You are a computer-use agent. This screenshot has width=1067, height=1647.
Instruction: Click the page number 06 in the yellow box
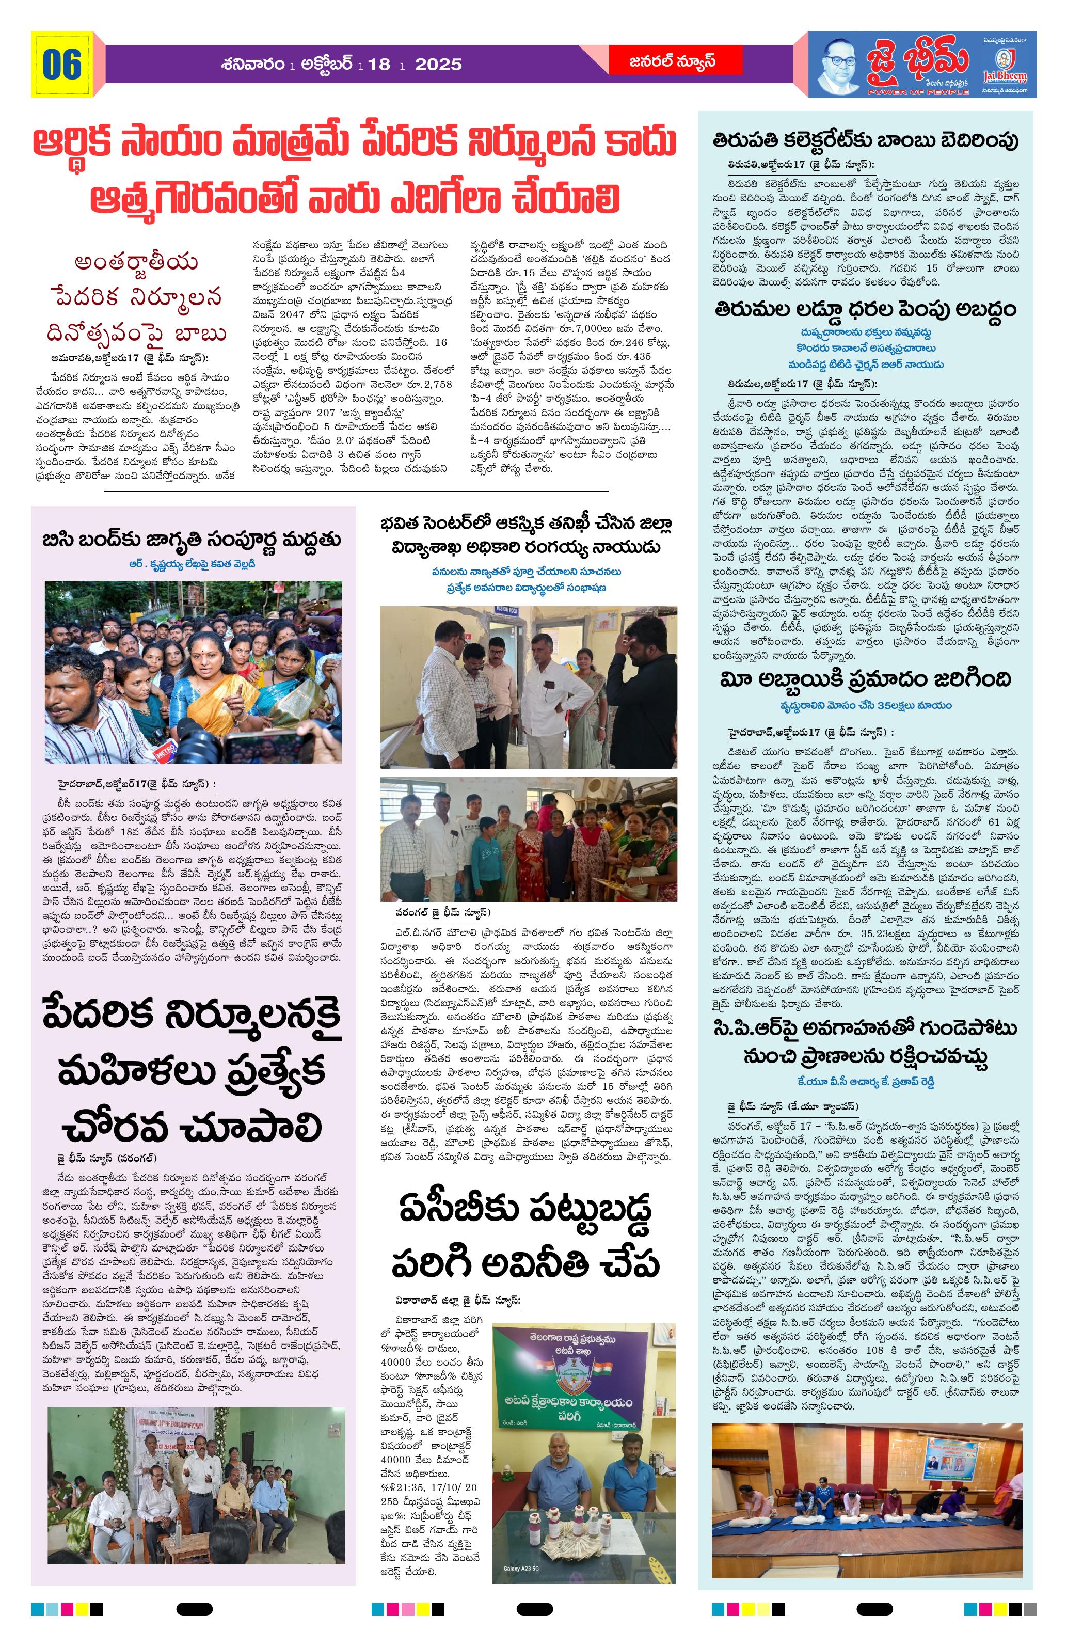(61, 65)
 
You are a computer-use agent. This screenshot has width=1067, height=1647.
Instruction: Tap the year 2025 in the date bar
(438, 65)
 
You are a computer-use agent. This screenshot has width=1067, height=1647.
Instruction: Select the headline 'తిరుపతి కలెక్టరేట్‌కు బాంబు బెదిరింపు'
(866, 140)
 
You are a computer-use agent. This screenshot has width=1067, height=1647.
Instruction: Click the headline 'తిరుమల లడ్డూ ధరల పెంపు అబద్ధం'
(866, 309)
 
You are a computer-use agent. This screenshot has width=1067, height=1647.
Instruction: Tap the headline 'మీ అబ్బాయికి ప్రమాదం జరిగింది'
(866, 679)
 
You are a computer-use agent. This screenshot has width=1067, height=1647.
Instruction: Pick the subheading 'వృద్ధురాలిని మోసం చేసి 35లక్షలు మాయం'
(866, 705)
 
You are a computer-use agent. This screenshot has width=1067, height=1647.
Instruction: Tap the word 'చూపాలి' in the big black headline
(252, 1127)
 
